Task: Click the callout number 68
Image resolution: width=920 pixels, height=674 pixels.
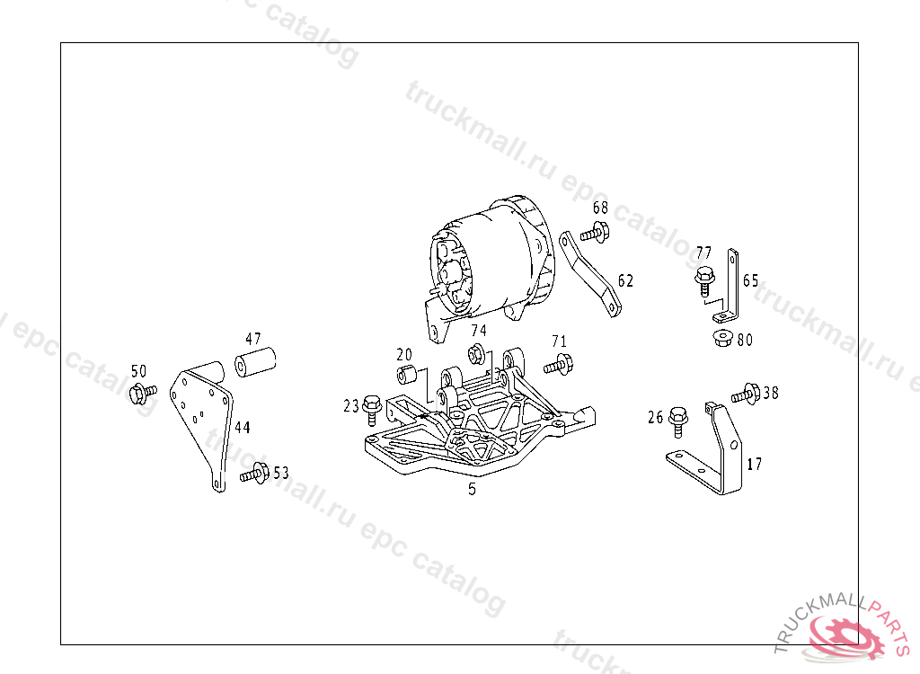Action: pyautogui.click(x=600, y=208)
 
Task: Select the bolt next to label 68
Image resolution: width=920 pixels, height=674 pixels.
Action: pyautogui.click(x=595, y=232)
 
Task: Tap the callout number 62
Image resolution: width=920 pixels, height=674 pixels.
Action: pyautogui.click(x=625, y=280)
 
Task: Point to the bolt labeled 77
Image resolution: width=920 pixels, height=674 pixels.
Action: pyautogui.click(x=704, y=279)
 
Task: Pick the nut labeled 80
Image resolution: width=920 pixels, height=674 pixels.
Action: pyautogui.click(x=720, y=340)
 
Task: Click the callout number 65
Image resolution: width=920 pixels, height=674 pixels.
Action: pyautogui.click(x=750, y=280)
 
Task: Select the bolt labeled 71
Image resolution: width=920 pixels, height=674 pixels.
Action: pyautogui.click(x=557, y=364)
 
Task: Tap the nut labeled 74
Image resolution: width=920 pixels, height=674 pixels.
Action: pyautogui.click(x=478, y=353)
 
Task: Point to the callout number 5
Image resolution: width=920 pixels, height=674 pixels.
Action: pyautogui.click(x=472, y=490)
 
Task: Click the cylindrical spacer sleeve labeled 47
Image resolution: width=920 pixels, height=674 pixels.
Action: pyautogui.click(x=255, y=365)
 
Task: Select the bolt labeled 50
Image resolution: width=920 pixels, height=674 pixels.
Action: pyautogui.click(x=141, y=392)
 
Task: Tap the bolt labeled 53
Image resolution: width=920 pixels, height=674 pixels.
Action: pyautogui.click(x=256, y=472)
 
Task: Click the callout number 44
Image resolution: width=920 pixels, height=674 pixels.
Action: pyautogui.click(x=242, y=428)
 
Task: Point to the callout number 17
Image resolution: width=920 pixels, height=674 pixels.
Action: pyautogui.click(x=755, y=465)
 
